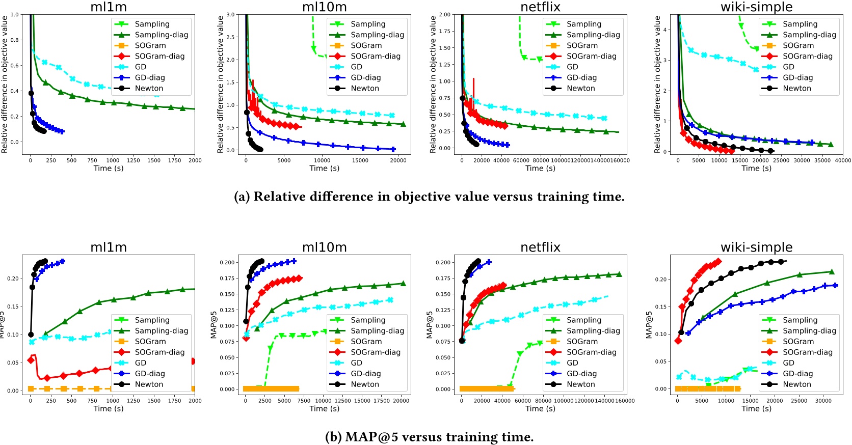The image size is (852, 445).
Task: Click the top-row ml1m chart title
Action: tap(109, 7)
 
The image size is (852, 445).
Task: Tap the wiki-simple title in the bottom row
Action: tap(756, 247)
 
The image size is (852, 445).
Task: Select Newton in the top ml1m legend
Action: tap(149, 88)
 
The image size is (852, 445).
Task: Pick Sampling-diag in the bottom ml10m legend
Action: tap(377, 330)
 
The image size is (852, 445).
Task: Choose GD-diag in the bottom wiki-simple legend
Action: tap(797, 373)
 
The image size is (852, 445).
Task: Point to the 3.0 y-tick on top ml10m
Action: tap(230, 15)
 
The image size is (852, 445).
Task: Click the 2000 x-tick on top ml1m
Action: tap(195, 160)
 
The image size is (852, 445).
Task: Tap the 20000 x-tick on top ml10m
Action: tap(398, 160)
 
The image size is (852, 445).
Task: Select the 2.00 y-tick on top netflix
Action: tap(444, 15)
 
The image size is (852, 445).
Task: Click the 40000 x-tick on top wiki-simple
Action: tap(843, 160)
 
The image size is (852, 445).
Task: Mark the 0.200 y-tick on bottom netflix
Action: tap(443, 262)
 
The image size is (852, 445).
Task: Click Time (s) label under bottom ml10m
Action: tap(324, 408)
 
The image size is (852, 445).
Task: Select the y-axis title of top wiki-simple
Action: tap(657, 84)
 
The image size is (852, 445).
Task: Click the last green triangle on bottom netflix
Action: tap(619, 274)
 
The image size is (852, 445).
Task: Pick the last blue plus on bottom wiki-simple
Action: tap(835, 285)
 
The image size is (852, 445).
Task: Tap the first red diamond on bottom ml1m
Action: tap(31, 360)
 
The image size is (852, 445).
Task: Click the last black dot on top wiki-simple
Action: tap(770, 151)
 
